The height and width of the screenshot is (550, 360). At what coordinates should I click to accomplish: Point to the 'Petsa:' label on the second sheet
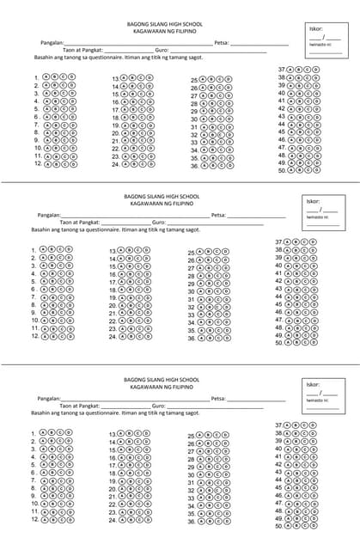[x=218, y=215]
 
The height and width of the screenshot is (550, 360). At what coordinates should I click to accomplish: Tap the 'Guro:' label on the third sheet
[x=158, y=405]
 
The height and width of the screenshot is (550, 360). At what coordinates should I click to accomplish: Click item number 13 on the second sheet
[x=113, y=252]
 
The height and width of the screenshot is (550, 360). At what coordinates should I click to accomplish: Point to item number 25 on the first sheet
[x=194, y=80]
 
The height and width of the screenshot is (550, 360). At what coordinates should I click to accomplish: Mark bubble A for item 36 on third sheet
[x=204, y=521]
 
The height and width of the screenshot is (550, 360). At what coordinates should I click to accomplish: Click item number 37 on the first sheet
[x=281, y=69]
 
